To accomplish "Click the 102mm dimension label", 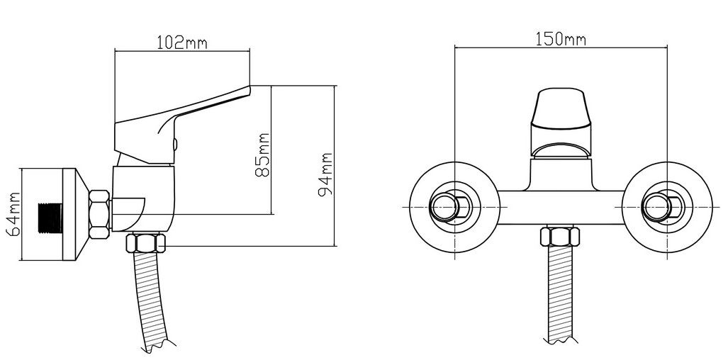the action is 181,43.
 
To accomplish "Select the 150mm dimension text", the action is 561,40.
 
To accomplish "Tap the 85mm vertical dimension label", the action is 262,155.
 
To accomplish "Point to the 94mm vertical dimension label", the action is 325,174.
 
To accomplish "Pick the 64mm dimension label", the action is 15,214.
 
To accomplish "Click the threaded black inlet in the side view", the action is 50,218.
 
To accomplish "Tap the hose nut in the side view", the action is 145,243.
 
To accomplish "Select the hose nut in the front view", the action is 560,237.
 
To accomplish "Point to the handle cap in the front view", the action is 561,108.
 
